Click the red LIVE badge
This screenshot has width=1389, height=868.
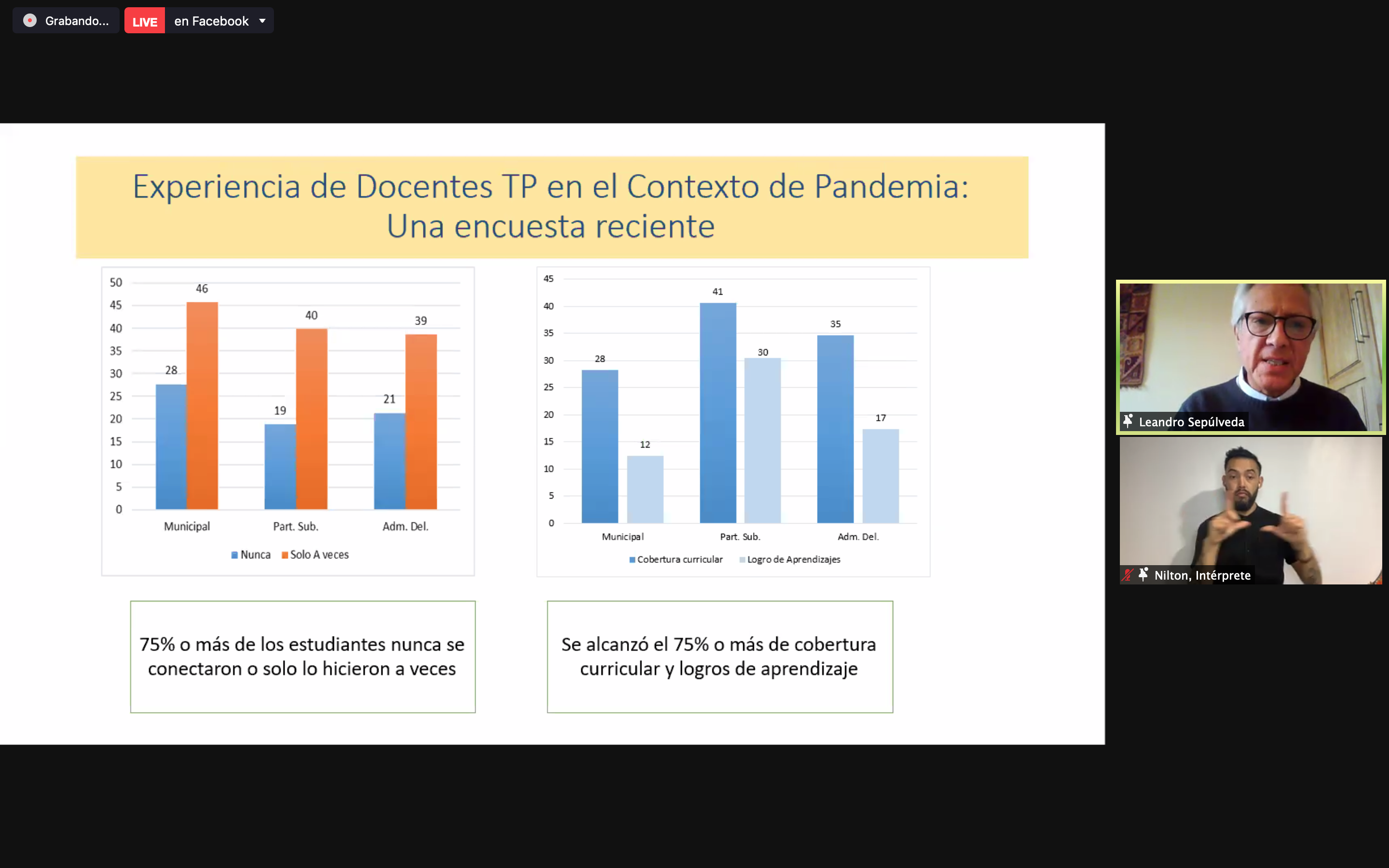tap(145, 21)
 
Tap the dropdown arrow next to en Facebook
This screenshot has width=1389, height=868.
tap(262, 21)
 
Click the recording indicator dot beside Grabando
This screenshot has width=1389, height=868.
tap(30, 21)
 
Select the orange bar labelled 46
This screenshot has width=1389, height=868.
tap(202, 405)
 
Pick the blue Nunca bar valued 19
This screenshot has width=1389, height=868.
tap(280, 467)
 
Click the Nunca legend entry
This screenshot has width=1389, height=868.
tap(251, 555)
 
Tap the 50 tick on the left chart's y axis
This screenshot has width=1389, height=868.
tap(116, 283)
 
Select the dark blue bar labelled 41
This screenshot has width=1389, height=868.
tap(718, 413)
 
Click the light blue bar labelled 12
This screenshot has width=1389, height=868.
tap(645, 489)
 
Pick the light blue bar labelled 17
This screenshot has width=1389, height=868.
tap(881, 476)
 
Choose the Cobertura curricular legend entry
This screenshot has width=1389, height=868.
tap(676, 559)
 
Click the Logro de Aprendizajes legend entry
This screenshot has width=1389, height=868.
tap(790, 559)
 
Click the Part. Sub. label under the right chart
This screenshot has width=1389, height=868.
tap(740, 537)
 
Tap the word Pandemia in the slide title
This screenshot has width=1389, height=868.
tap(891, 187)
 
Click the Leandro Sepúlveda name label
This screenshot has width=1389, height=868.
tap(1192, 422)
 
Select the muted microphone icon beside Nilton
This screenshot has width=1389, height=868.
tap(1127, 575)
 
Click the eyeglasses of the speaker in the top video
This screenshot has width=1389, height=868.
tap(1279, 326)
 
